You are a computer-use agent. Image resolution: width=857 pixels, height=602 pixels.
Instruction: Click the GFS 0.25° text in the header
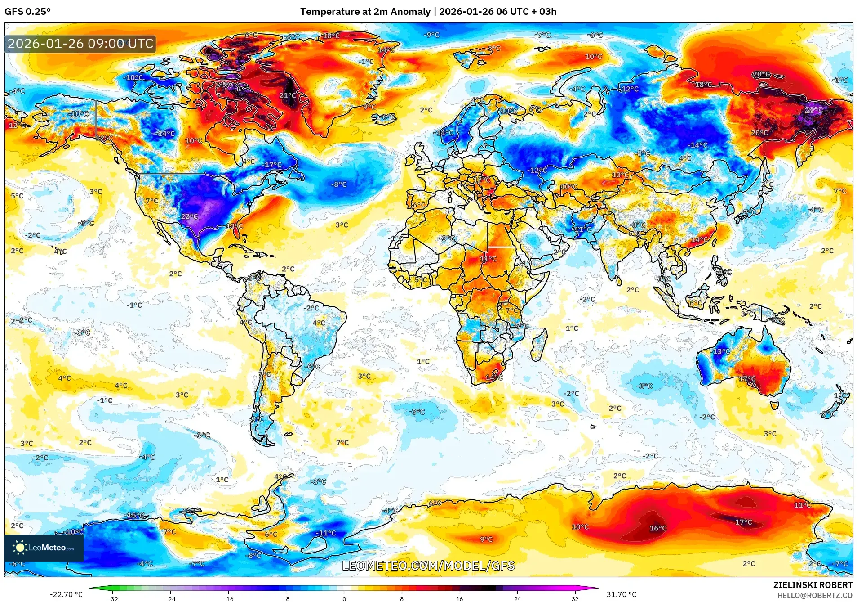[27, 12]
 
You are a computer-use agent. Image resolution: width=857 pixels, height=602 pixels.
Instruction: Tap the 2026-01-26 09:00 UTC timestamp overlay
[81, 44]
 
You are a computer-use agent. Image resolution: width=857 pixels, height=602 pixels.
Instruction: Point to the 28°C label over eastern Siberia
[814, 110]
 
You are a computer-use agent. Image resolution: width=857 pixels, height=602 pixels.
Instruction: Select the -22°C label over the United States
[189, 216]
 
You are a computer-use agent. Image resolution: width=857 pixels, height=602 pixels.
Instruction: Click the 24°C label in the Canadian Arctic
[224, 85]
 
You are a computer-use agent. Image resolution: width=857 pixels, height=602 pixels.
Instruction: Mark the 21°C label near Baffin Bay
[288, 95]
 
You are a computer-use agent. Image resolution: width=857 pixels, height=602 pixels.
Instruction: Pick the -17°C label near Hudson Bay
[273, 165]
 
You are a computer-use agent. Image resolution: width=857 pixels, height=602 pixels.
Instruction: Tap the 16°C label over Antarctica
[658, 528]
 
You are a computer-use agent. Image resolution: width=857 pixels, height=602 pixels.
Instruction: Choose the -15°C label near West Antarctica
[135, 515]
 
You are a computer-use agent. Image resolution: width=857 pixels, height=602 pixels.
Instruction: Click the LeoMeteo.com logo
[44, 548]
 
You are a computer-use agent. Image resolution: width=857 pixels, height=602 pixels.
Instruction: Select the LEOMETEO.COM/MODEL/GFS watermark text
[428, 566]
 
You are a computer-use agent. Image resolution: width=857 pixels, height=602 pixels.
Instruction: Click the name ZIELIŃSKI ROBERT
[813, 585]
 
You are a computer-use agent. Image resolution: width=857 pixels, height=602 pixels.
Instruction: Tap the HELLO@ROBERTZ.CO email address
[815, 595]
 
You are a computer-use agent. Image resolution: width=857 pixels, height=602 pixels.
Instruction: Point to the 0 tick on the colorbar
[344, 599]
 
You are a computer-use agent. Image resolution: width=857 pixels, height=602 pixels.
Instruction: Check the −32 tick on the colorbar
[113, 599]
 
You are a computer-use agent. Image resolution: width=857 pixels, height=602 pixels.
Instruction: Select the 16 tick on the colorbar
[459, 599]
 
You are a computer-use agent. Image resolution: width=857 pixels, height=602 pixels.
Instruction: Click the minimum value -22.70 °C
[67, 594]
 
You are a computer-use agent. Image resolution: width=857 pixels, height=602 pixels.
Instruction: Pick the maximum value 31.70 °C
[622, 594]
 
